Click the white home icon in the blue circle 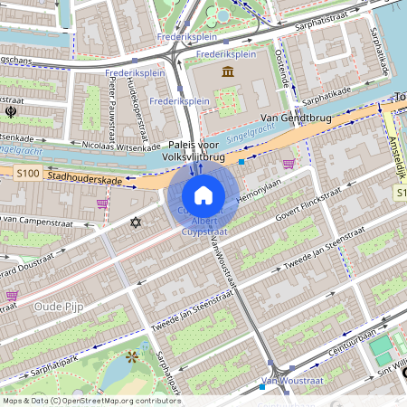pos(203,195)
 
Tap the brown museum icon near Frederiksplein pos(226,71)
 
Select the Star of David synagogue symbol pos(137,222)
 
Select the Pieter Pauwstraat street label pos(116,98)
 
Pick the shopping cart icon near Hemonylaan pos(289,164)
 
